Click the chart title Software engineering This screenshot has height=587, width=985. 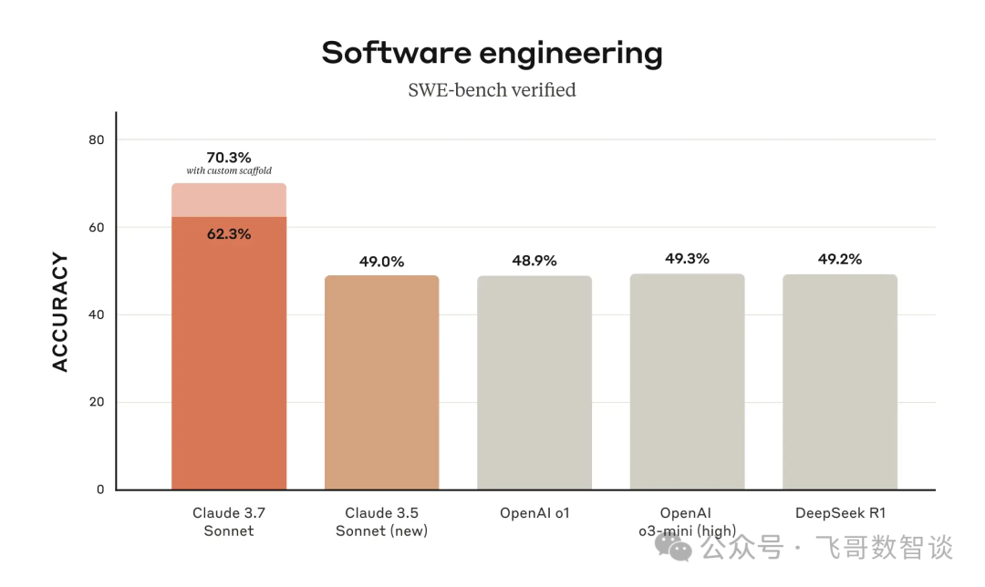492,53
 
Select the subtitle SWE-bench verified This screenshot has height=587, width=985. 492,89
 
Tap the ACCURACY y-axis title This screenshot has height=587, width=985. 60,313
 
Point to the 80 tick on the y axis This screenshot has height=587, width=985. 97,139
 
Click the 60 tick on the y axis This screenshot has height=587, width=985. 97,227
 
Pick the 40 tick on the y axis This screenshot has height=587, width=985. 97,314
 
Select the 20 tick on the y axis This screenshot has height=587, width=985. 97,402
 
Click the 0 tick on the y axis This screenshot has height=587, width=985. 100,489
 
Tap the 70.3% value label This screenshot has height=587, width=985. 229,157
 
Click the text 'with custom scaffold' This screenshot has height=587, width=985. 229,171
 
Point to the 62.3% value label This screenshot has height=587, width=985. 229,233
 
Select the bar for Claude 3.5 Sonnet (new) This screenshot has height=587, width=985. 381,383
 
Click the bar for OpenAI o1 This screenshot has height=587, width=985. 534,383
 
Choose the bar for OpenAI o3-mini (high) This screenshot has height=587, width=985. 687,383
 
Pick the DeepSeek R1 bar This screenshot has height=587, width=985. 840,383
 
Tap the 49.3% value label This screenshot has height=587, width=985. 687,259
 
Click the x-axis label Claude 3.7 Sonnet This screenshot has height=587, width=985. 228,521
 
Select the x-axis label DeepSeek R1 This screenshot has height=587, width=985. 840,513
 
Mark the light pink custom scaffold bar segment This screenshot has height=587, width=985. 229,200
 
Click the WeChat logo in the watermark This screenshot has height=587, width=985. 679,547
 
